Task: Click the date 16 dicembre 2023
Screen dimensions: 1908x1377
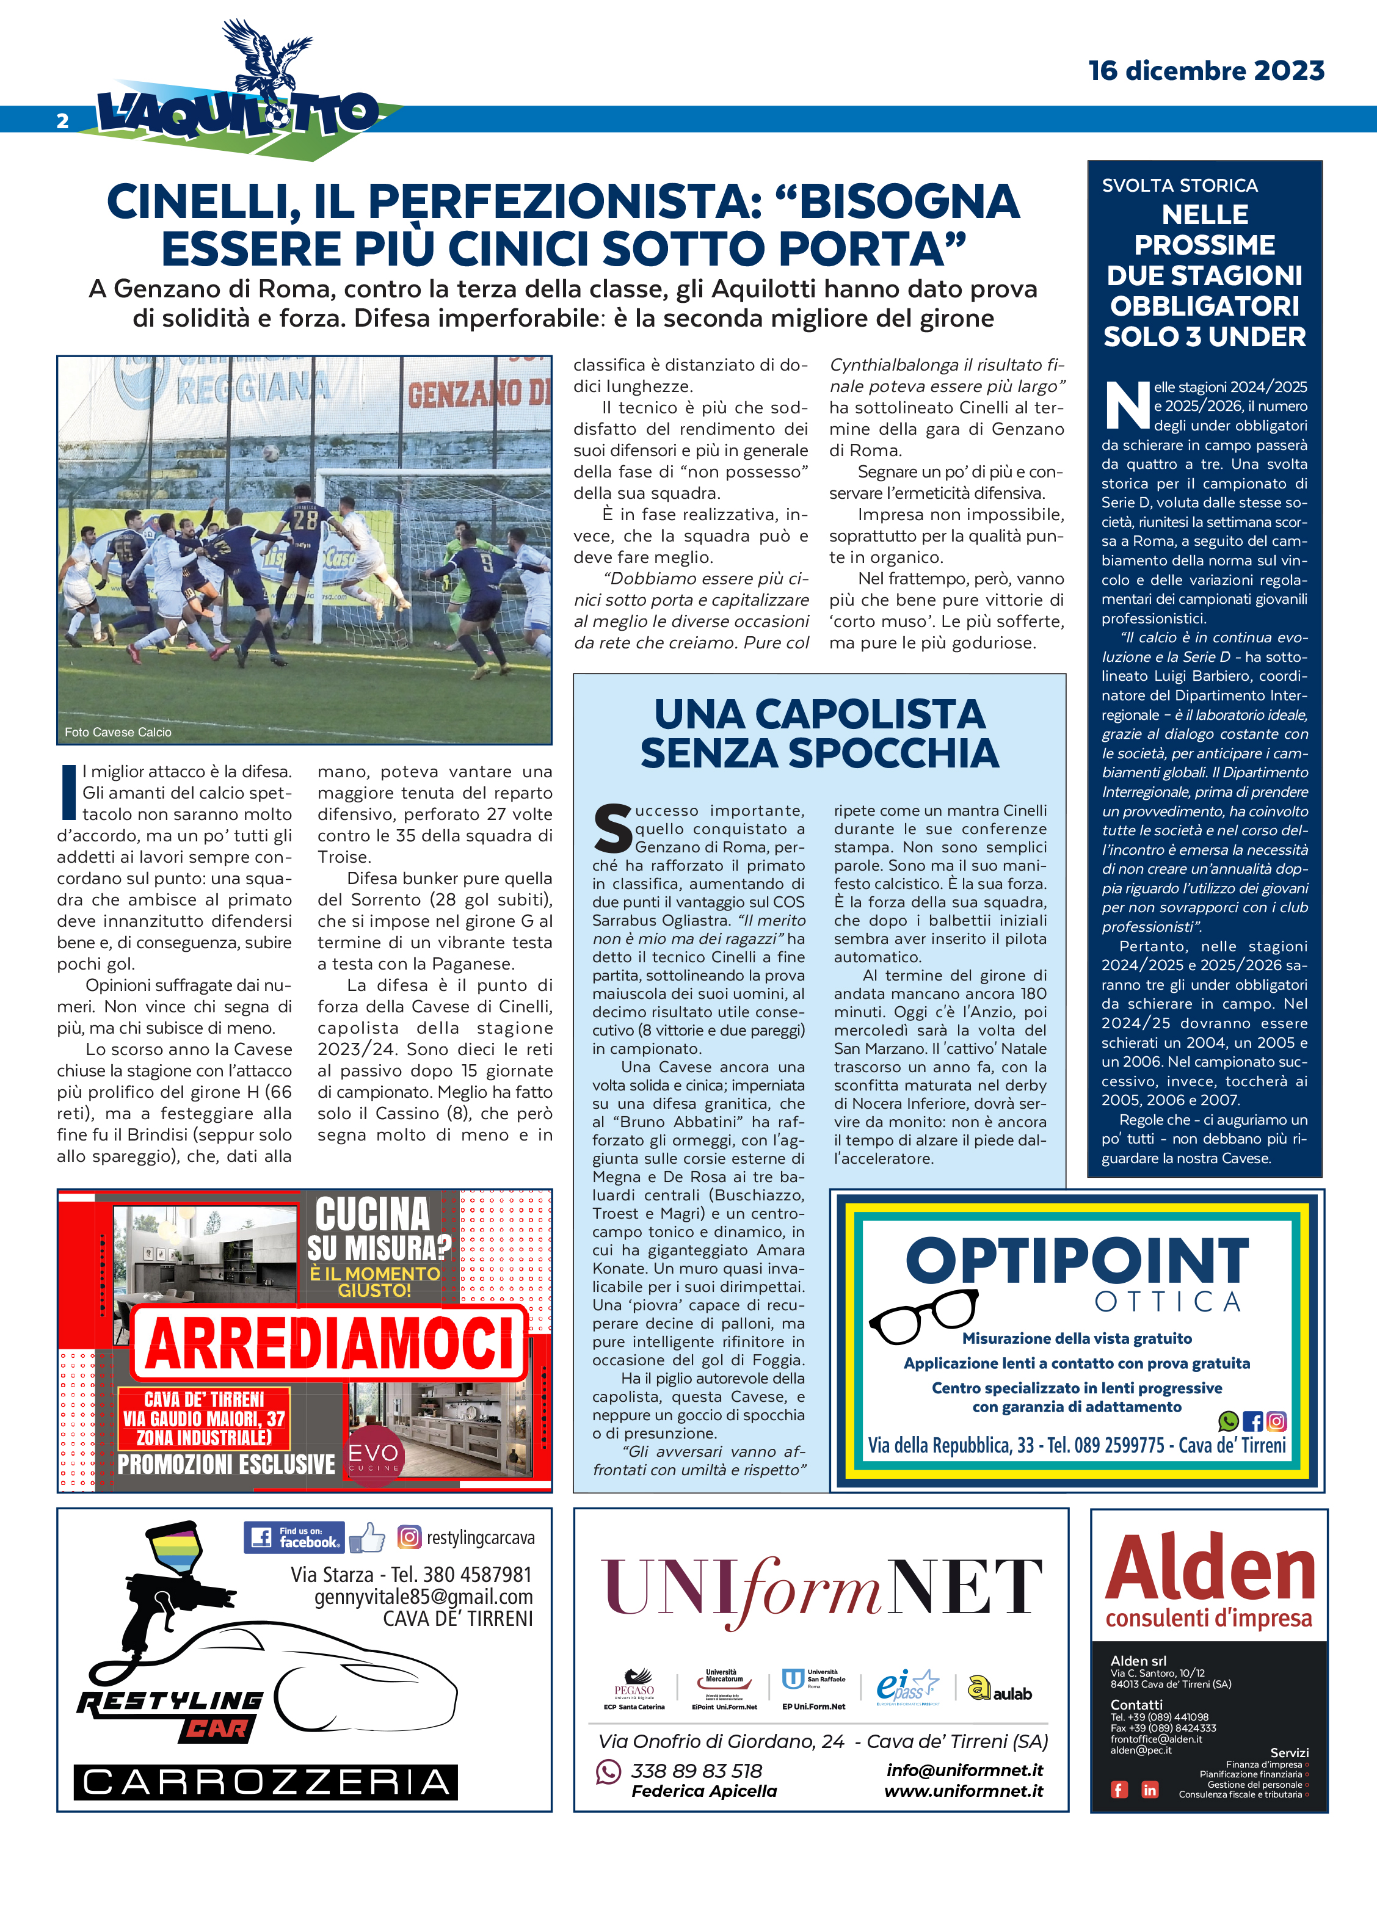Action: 1205,71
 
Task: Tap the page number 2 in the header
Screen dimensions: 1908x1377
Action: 62,121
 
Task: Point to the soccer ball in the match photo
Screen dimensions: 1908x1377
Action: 270,452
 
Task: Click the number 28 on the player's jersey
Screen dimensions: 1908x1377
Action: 305,520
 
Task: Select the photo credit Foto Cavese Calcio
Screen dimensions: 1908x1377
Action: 118,732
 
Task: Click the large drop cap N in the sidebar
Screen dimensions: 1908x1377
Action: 1125,405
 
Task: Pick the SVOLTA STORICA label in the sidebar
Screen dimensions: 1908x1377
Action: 1179,185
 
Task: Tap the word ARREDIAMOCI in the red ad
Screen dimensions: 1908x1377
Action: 329,1343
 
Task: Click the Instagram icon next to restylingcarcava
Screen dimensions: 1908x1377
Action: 409,1537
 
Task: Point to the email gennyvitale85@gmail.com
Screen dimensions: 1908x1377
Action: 423,1597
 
